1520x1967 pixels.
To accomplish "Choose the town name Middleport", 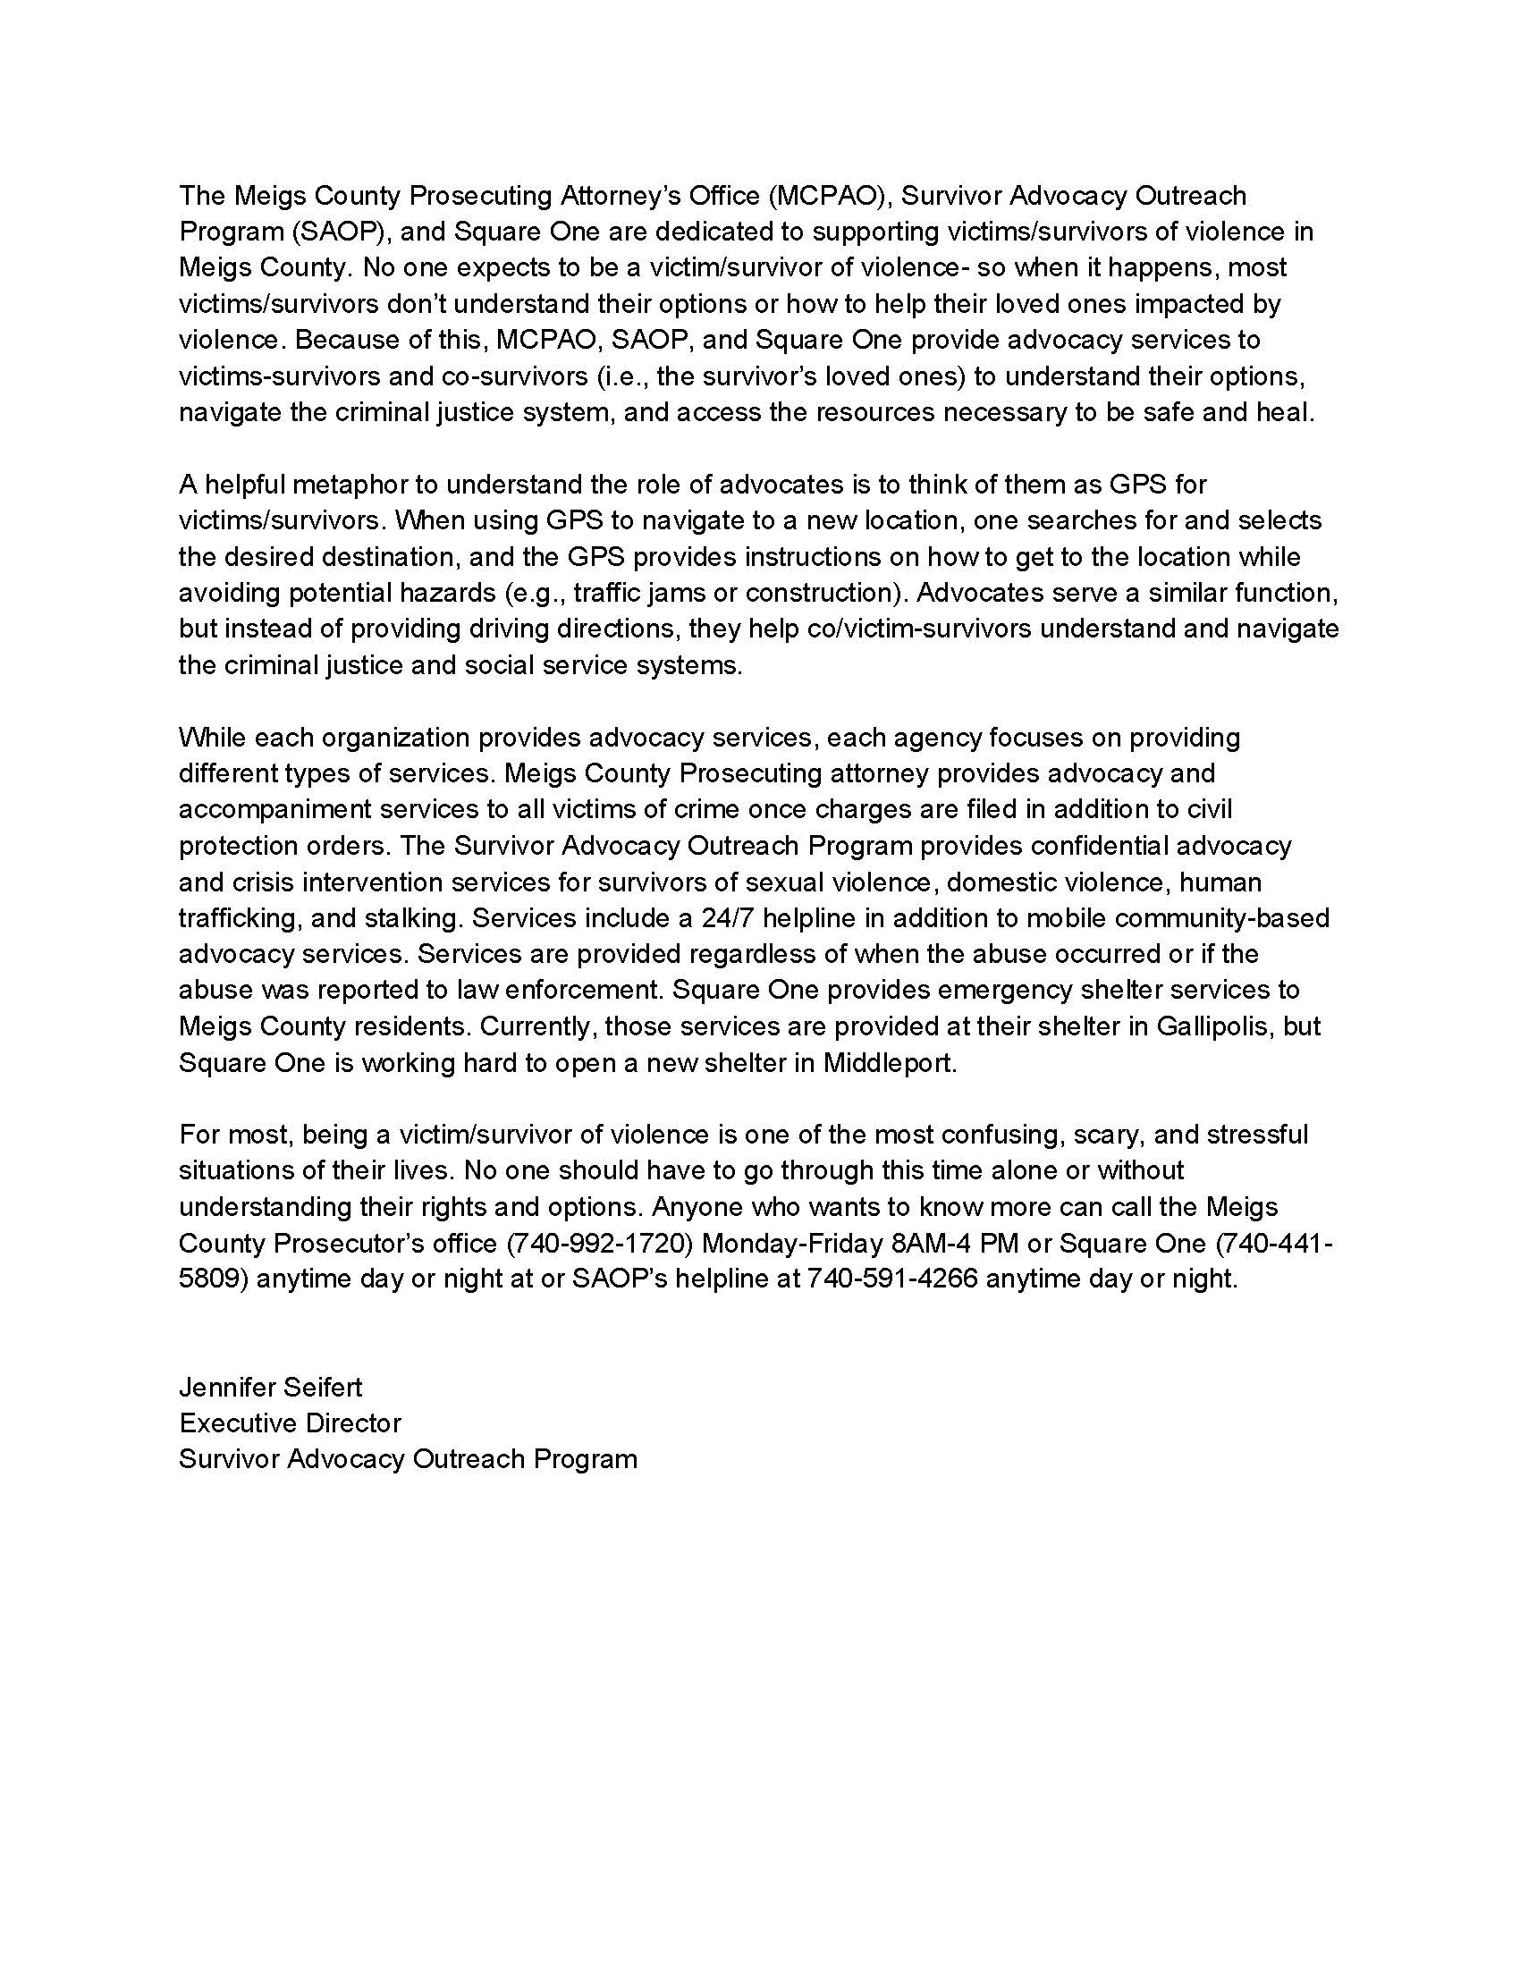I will pyautogui.click(x=887, y=1063).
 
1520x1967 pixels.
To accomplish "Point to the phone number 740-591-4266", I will pyautogui.click(x=891, y=1279).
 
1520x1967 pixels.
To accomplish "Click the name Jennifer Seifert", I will pyautogui.click(x=270, y=1387).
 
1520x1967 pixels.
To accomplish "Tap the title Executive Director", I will pyautogui.click(x=290, y=1423).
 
